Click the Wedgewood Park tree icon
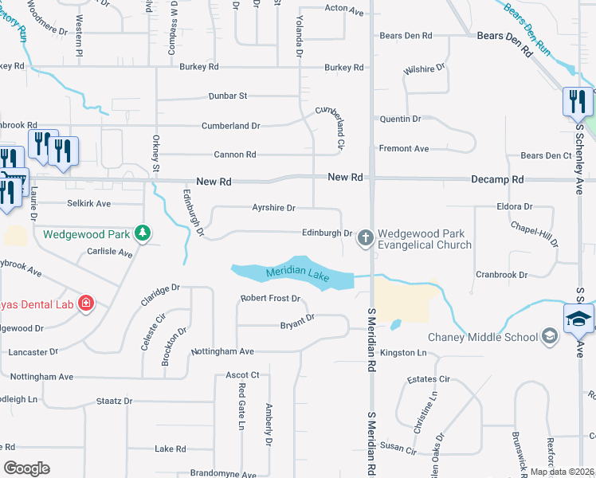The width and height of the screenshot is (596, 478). [143, 233]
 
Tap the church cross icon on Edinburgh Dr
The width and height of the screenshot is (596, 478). [366, 237]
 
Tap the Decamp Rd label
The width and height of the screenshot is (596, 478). [496, 181]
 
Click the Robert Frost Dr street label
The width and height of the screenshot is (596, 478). [270, 299]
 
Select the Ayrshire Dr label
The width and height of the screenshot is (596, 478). [273, 208]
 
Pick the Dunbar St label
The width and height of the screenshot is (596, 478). [228, 96]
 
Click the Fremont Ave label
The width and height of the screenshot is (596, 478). [404, 149]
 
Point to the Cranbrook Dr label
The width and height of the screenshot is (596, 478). [502, 274]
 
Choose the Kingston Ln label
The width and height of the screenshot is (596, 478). [404, 352]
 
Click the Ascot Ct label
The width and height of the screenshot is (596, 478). [243, 374]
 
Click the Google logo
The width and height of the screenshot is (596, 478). [26, 468]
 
